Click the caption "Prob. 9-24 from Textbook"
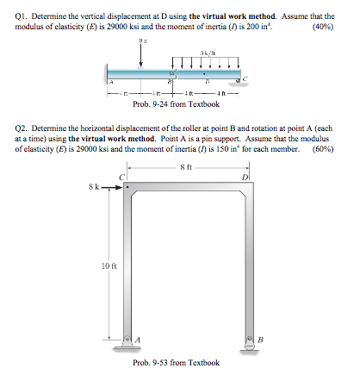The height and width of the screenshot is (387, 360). (x=177, y=105)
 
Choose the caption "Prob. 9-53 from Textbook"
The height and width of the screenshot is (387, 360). (x=177, y=363)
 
